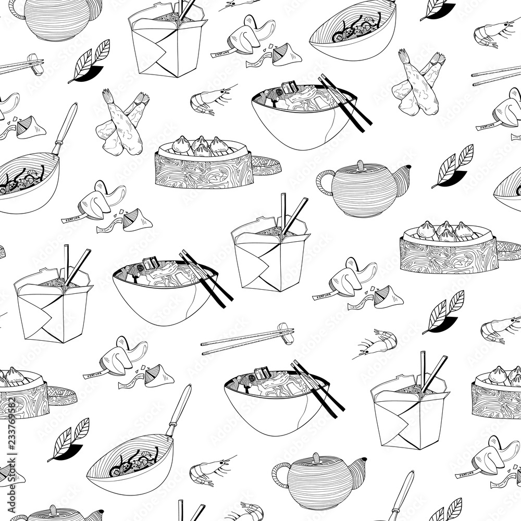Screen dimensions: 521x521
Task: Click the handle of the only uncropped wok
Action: click(x=178, y=411)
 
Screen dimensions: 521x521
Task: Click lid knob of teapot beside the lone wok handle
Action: click(x=316, y=458)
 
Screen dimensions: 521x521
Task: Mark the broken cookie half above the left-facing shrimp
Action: click(x=388, y=297)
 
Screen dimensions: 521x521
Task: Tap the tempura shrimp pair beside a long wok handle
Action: click(x=123, y=122)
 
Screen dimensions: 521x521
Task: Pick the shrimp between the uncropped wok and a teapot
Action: click(x=208, y=468)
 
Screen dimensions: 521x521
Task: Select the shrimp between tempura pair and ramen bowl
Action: click(x=208, y=101)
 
